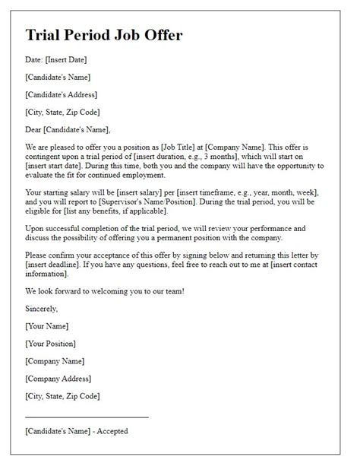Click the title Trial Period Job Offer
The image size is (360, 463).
tap(103, 36)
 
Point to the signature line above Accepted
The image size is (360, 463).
tap(87, 417)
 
